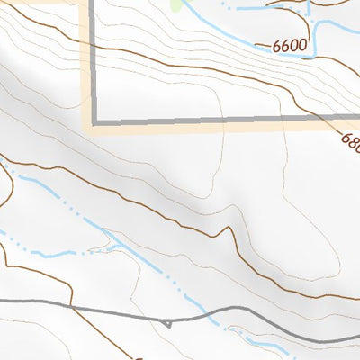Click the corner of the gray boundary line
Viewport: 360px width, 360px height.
pos(92,121)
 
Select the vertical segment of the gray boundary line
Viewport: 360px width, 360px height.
pos(92,63)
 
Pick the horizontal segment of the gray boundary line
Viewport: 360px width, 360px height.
pos(225,119)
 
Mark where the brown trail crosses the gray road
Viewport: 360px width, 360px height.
pos(70,306)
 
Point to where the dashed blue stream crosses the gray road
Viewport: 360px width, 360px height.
pos(210,314)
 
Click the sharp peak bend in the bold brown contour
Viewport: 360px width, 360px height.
pos(220,231)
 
